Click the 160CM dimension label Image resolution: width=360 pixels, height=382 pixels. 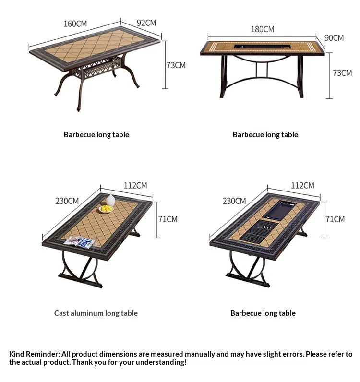(x=75, y=24)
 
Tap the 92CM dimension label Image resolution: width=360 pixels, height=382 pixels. (x=146, y=23)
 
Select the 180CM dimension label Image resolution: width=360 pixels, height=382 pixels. (x=263, y=29)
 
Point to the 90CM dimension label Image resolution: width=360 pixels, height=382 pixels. (x=334, y=38)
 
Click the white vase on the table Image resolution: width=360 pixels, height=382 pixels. (x=110, y=200)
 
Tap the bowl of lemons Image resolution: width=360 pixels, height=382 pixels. (x=106, y=209)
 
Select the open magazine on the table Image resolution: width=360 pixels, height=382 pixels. (x=79, y=242)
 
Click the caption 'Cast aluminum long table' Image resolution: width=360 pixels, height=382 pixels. (x=96, y=313)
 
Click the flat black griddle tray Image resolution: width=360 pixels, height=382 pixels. (x=280, y=210)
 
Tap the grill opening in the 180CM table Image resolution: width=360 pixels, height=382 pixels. (x=263, y=47)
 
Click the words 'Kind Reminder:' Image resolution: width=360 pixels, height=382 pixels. (x=35, y=354)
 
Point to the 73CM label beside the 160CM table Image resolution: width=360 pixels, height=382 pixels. (x=176, y=65)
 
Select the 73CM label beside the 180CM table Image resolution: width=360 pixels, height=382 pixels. (x=342, y=73)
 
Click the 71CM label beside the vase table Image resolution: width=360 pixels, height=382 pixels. (x=168, y=219)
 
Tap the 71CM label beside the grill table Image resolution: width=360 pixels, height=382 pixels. (x=335, y=219)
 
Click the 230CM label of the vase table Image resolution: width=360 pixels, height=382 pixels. (x=67, y=201)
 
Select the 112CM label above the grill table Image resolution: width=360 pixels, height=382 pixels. (x=302, y=185)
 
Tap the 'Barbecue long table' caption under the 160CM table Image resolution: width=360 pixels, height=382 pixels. (x=96, y=135)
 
